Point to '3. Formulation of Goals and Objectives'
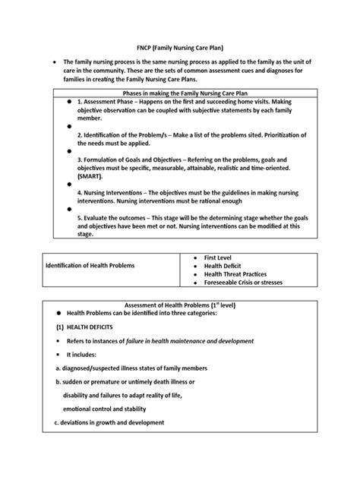click(134, 183)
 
